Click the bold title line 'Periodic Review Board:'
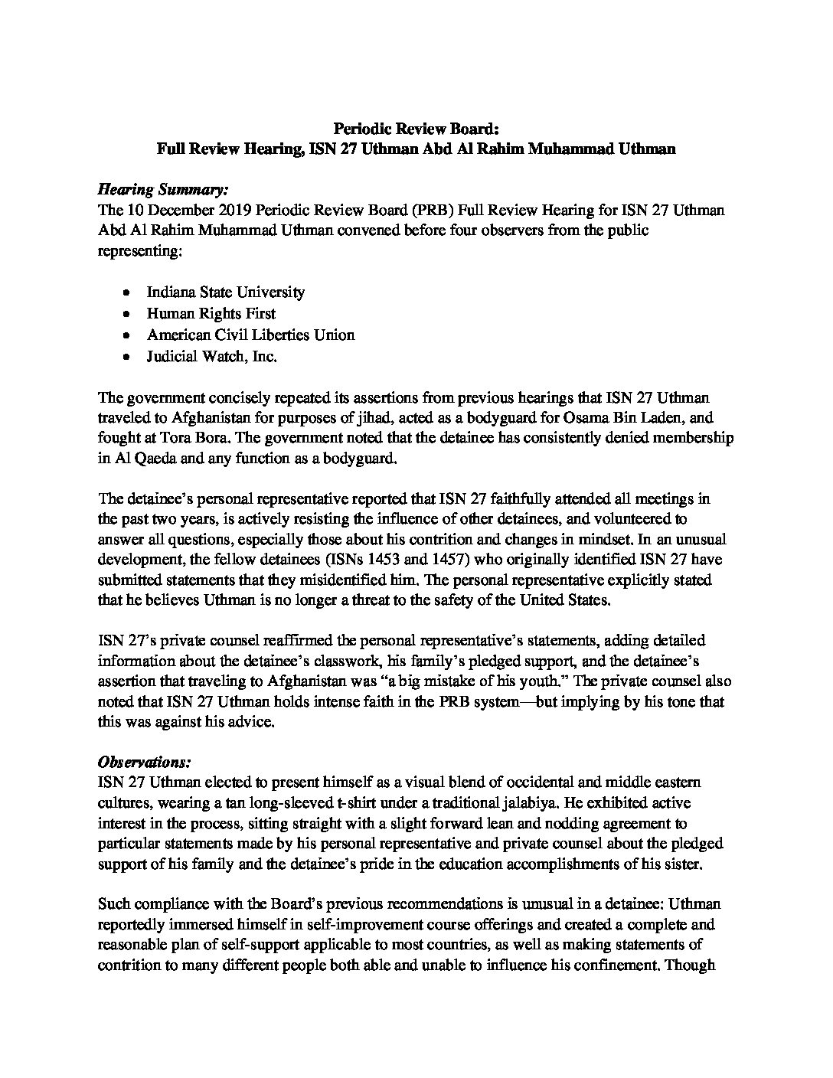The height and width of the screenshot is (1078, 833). pos(416,129)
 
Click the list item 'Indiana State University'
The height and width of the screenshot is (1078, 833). pos(226,292)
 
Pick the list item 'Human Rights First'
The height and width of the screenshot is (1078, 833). pos(211,313)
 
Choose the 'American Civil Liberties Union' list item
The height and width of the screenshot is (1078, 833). pos(251,335)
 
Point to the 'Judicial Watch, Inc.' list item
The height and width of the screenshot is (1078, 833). pos(212,356)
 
